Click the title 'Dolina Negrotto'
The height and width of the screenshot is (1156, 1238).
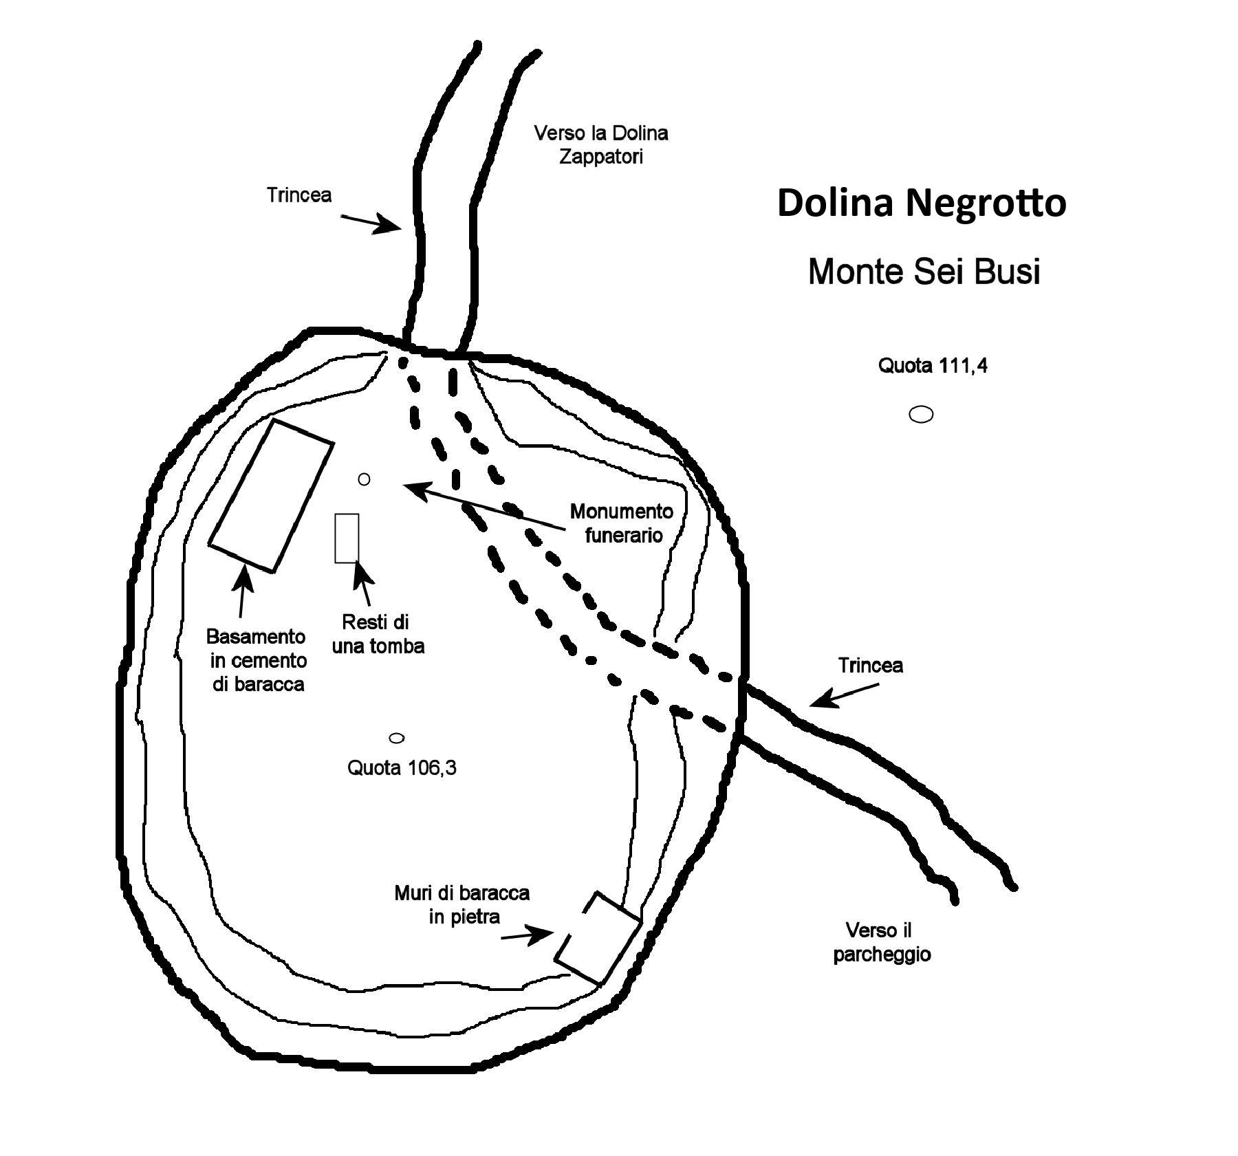coord(921,204)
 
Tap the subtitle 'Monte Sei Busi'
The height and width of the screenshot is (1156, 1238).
coord(924,271)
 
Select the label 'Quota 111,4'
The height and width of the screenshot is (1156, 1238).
coord(932,366)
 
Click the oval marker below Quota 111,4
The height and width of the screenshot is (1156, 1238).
coord(921,414)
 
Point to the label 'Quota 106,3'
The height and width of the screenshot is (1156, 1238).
coord(402,767)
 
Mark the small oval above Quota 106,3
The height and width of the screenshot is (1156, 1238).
coord(397,738)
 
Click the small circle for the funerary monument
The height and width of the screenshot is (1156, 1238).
coord(365,479)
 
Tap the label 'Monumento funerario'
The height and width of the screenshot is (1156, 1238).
coord(621,523)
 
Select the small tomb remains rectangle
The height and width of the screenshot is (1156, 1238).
coord(347,538)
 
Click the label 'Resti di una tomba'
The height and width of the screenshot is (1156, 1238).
coord(378,634)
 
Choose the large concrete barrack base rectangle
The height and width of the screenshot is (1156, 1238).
coord(271,495)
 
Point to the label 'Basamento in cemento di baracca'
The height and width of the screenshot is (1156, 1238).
coord(257,660)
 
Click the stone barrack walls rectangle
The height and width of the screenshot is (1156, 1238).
coord(598,938)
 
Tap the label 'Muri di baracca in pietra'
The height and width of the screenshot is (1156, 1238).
coord(462,905)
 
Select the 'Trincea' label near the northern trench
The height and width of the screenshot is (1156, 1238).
coord(299,195)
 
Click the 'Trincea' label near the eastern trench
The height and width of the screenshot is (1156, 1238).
coord(870,666)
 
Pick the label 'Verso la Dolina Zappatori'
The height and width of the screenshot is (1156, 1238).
coord(601,144)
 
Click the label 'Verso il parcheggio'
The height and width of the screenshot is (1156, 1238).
coord(881,943)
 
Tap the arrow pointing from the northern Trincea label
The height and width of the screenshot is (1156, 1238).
coord(371,223)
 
